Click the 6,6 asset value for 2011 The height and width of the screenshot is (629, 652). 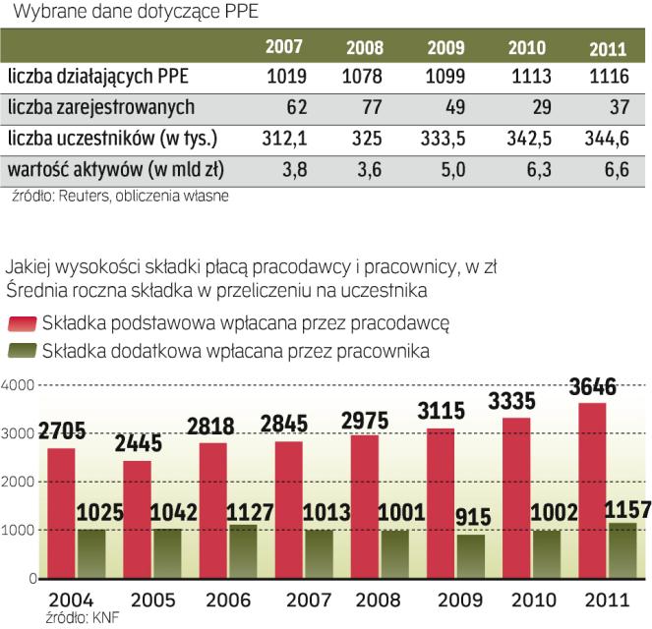coord(615,169)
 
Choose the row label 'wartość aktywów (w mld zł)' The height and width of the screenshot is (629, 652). coord(116,169)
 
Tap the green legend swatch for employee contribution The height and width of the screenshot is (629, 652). coord(23,349)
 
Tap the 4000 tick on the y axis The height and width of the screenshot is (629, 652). coord(19,384)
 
